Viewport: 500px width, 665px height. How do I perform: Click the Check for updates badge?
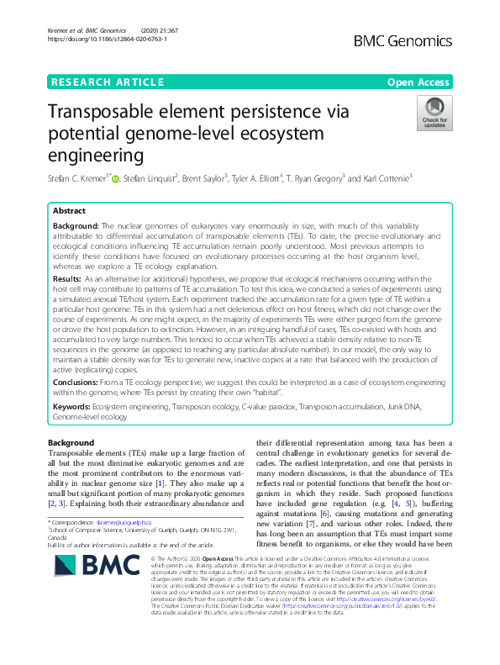click(x=435, y=113)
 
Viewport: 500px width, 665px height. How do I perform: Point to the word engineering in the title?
click(x=95, y=156)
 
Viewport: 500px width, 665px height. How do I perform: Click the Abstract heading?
click(x=69, y=211)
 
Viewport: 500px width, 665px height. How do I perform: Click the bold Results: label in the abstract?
click(x=67, y=277)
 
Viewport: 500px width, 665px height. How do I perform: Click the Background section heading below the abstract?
click(x=71, y=442)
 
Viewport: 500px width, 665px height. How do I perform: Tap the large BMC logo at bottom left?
click(x=85, y=577)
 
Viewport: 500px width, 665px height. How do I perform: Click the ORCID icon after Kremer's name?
click(x=116, y=177)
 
